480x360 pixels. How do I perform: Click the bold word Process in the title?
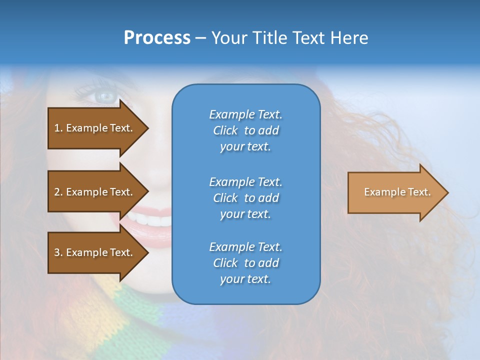(x=157, y=38)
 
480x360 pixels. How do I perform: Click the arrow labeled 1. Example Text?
(x=95, y=128)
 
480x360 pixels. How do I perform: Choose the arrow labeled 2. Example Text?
(x=95, y=192)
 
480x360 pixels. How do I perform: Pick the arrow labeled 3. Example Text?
(x=95, y=252)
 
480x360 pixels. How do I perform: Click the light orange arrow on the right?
(x=395, y=192)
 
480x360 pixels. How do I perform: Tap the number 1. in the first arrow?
(x=58, y=128)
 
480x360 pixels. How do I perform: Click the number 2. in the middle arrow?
(x=58, y=192)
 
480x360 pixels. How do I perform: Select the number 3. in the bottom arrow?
(x=58, y=252)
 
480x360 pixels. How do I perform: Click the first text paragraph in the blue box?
(x=245, y=130)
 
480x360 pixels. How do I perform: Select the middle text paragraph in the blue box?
(x=245, y=198)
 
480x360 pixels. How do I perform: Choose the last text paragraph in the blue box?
(x=245, y=263)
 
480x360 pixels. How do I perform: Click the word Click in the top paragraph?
(x=225, y=130)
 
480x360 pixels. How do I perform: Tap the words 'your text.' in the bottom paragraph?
(x=245, y=279)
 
